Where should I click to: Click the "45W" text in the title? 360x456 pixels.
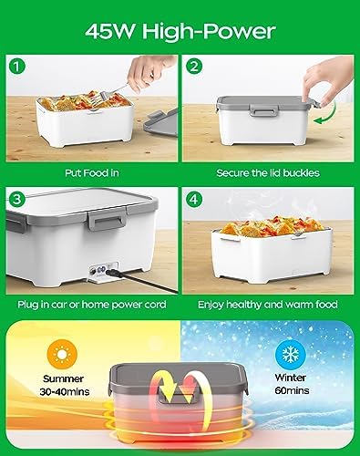(x=109, y=31)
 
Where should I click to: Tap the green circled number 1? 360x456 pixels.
(x=17, y=67)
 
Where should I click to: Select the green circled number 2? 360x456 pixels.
(x=194, y=67)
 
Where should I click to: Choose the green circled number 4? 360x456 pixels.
(x=194, y=199)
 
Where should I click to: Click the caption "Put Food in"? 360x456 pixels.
(x=92, y=173)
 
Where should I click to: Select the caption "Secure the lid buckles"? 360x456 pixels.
(x=268, y=173)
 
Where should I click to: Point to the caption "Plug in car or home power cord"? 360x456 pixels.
(x=92, y=305)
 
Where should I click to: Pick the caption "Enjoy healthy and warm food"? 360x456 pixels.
(x=268, y=305)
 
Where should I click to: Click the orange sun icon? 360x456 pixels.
(x=62, y=354)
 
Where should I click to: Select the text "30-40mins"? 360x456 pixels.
(x=65, y=391)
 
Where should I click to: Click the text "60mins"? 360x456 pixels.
(x=292, y=390)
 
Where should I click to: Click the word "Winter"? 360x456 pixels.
(x=290, y=378)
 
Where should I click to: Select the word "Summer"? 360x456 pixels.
(x=63, y=378)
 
